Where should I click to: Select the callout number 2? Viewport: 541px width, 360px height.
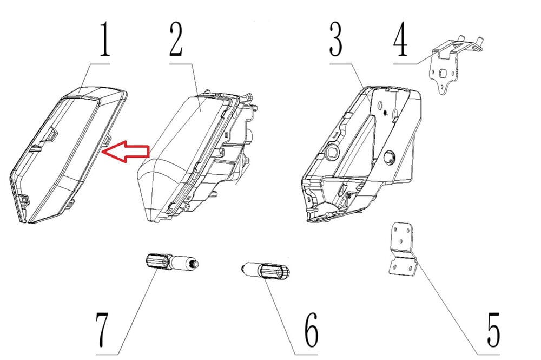coord(176,38)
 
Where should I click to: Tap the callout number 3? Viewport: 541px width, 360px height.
coord(336,38)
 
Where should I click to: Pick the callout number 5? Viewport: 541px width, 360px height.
coord(493,330)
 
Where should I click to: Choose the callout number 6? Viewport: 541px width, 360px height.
coord(312,330)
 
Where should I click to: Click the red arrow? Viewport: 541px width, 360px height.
coord(126,151)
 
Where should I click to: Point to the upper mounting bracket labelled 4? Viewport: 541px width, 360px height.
coord(452,64)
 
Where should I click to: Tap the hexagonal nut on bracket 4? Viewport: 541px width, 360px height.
coord(441,74)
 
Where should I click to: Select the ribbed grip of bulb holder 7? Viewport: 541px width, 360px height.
coord(157,261)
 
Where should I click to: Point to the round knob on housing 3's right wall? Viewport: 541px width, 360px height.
coord(389,156)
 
